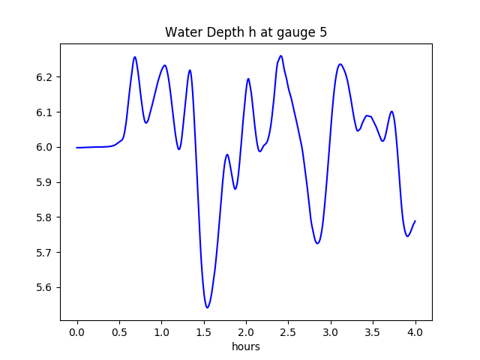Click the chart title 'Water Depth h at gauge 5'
pos(245,32)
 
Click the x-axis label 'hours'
pos(245,347)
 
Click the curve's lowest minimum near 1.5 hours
pos(207,307)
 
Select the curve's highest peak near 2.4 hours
pos(281,55)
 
